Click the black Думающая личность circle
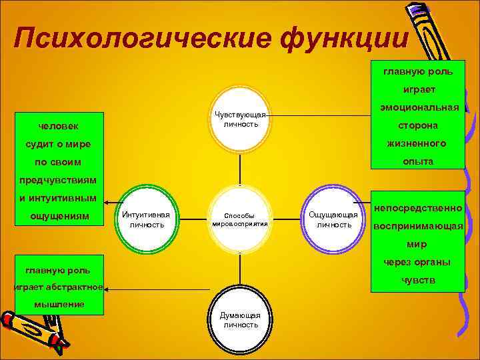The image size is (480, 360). pyautogui.click(x=240, y=319)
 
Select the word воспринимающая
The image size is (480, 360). pyautogui.click(x=418, y=226)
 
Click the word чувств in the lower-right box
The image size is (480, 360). pyautogui.click(x=418, y=280)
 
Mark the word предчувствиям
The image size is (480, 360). pyautogui.click(x=57, y=180)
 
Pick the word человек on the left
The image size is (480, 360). pyautogui.click(x=57, y=126)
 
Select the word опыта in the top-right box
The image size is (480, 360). pyautogui.click(x=418, y=161)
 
